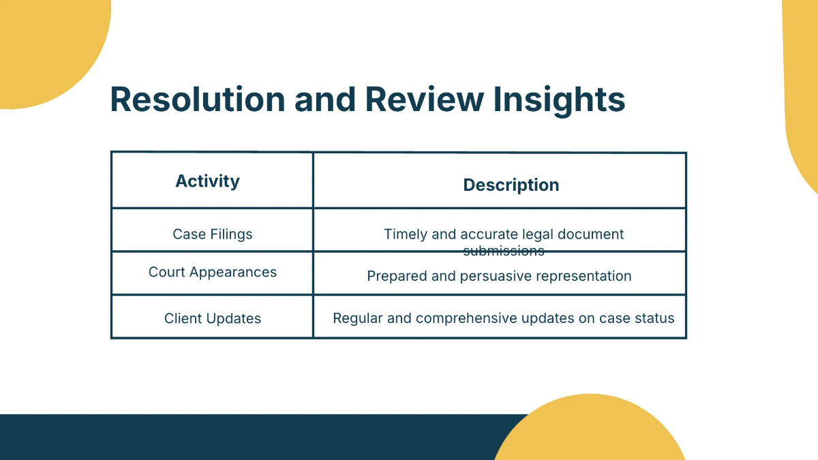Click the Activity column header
click(x=207, y=181)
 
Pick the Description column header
click(x=511, y=185)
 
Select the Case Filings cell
click(x=212, y=234)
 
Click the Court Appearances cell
click(x=212, y=273)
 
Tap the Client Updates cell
click(x=212, y=319)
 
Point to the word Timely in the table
click(x=406, y=234)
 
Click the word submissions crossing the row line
click(x=504, y=251)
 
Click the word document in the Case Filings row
click(x=591, y=234)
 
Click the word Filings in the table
click(x=231, y=234)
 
